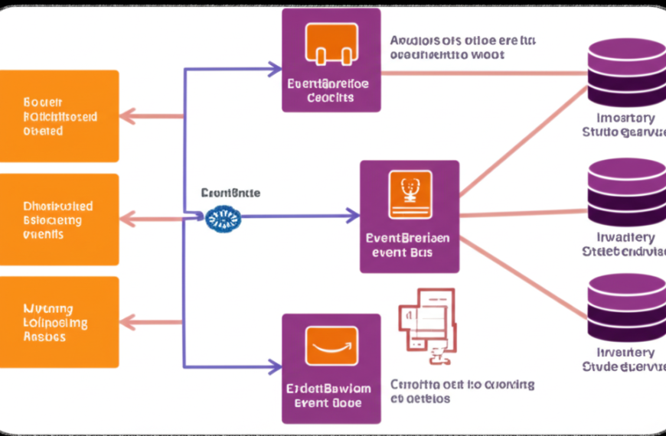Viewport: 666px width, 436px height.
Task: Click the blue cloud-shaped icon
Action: pos(224,217)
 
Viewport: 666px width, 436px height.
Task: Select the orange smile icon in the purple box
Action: pos(331,346)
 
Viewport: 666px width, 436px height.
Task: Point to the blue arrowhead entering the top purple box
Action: pos(275,70)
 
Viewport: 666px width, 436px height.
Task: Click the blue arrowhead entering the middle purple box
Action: pos(353,216)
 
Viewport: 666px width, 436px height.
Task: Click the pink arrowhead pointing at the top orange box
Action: pos(127,116)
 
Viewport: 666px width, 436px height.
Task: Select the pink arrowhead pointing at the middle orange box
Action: pos(127,220)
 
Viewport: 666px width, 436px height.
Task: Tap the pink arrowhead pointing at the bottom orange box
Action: pos(127,322)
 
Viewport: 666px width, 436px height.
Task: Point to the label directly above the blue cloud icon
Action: pos(230,194)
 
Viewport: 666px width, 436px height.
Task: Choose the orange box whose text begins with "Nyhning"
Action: pos(60,322)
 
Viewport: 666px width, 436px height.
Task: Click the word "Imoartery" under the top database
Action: pos(625,118)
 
